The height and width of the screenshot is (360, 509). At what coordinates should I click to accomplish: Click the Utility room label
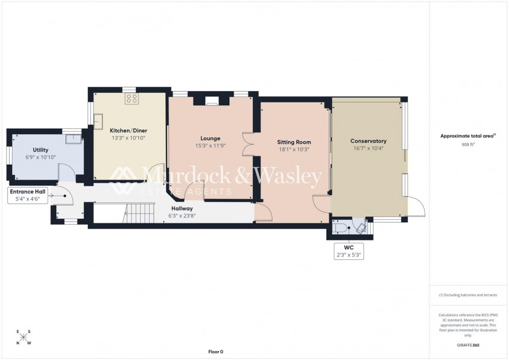[x=41, y=150]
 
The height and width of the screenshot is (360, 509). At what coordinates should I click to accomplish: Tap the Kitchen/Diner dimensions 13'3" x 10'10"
[x=128, y=138]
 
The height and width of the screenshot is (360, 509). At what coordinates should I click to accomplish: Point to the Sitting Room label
[x=293, y=142]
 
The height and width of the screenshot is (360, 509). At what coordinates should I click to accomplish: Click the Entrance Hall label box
[x=27, y=195]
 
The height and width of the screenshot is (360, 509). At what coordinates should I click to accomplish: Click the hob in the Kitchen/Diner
[x=131, y=99]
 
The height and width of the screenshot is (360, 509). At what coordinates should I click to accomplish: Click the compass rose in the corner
[x=23, y=337]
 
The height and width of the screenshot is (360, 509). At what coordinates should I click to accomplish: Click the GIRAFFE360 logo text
[x=468, y=345]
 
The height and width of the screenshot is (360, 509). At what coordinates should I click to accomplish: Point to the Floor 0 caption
[x=215, y=352]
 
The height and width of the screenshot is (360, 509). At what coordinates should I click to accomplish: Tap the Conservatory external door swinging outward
[x=417, y=207]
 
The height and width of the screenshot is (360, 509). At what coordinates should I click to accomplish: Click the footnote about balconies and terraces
[x=468, y=295]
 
